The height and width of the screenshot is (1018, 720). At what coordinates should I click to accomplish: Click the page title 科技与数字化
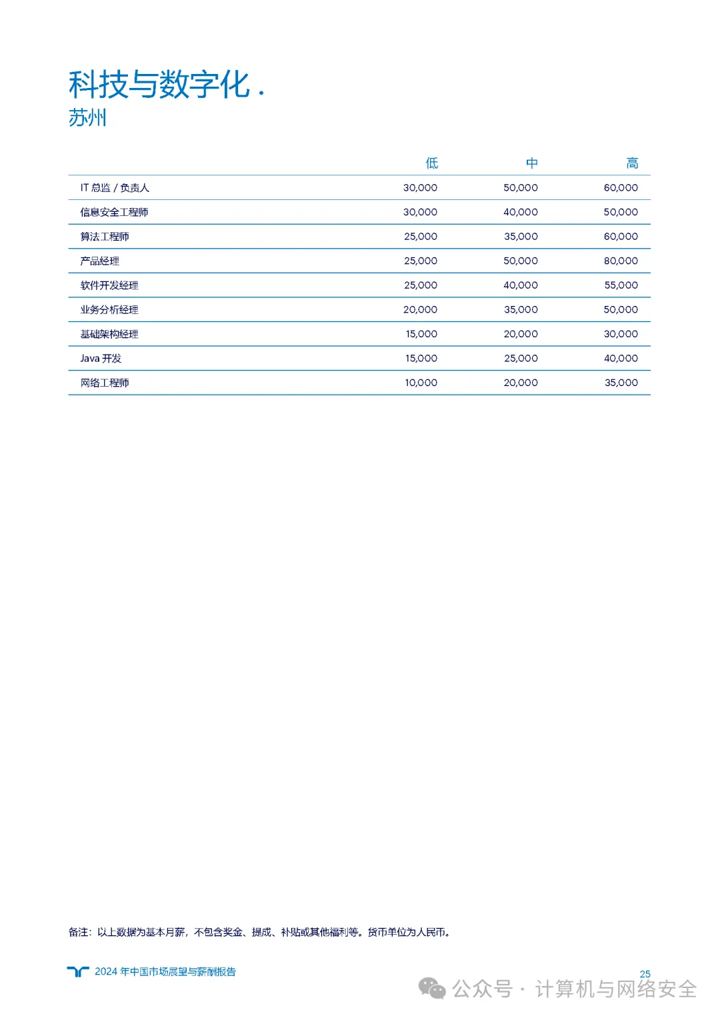pos(159,85)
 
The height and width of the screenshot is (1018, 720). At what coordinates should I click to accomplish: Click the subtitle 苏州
pos(87,118)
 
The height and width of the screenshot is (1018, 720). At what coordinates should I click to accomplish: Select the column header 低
pos(431,163)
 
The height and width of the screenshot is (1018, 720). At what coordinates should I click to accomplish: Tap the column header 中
pos(531,163)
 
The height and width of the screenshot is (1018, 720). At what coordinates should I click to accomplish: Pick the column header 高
pos(632,163)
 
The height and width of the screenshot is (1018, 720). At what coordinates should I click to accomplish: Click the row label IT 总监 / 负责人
pos(115,188)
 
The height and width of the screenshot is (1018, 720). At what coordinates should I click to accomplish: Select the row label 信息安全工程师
pos(114,212)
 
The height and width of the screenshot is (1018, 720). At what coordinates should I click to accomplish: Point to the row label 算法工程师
pos(105,237)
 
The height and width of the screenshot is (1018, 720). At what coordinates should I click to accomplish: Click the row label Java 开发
pos(101,359)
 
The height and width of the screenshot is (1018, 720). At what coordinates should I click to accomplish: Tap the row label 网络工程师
pos(105,383)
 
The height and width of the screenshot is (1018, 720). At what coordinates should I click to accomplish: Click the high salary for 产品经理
pos(621,261)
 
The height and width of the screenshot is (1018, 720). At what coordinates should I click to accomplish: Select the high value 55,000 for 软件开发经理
pos(621,285)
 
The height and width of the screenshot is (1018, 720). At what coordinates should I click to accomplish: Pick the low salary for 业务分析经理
pos(420,309)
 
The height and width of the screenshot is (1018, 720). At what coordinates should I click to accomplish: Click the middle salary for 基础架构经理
pos(521,334)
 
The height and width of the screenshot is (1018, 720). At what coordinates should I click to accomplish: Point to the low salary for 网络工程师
pos(421,383)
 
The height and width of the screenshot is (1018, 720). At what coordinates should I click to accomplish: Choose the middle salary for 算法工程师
pos(521,237)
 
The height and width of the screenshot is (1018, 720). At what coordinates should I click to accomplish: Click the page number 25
pos(645,974)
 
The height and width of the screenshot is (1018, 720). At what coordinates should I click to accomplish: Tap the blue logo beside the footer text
pos(78,971)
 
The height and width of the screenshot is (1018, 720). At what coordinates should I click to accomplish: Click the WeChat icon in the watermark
pos(432,989)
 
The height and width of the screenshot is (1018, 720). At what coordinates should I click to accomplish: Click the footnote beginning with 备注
pos(260,932)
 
